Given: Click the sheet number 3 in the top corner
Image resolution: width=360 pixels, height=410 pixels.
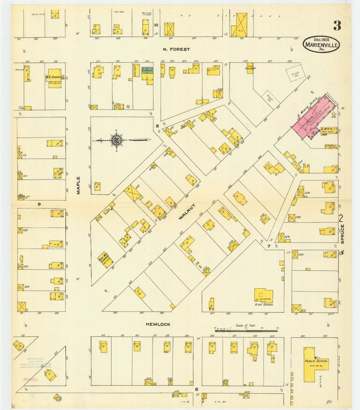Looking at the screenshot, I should pos(337,26).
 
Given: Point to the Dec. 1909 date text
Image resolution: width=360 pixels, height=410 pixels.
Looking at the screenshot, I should pos(322,39).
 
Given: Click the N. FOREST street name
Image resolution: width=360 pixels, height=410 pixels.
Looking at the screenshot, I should pos(176,50).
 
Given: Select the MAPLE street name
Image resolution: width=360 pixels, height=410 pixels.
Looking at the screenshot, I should pos(79,186).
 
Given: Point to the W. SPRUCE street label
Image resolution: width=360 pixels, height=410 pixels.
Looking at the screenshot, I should pos(342,247).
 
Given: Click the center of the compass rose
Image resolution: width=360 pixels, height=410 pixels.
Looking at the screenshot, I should pos(116,140).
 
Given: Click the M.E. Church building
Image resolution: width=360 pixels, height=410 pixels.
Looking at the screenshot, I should pos(54,78).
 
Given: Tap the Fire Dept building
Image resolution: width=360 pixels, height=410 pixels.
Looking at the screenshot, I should pos(249,68).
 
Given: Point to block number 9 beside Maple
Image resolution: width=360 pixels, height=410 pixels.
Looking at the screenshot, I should pos(39,204).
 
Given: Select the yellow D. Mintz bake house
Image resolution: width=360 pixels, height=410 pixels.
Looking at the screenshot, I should pos(329,130).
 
